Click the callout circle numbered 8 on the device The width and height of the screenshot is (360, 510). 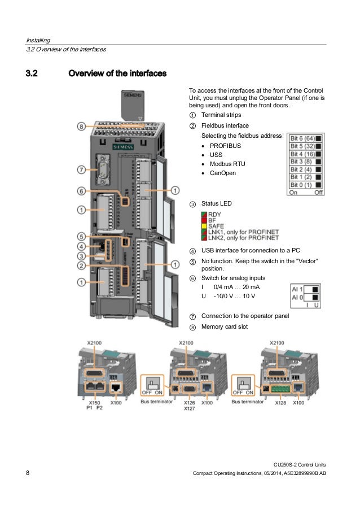[x=82, y=127]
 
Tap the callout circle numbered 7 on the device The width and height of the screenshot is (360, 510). [x=82, y=169]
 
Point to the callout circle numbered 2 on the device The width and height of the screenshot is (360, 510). [x=82, y=265]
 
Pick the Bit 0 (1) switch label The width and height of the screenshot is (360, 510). [x=301, y=185]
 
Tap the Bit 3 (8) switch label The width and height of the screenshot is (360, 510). [x=301, y=162]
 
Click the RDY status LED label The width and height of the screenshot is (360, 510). [x=214, y=215]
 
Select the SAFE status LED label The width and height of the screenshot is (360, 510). [x=217, y=226]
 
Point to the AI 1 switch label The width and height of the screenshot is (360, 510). [x=297, y=288]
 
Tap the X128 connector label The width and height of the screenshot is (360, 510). [x=281, y=403]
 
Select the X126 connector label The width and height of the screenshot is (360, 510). [x=189, y=403]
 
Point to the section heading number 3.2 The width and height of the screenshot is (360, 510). [x=35, y=73]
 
